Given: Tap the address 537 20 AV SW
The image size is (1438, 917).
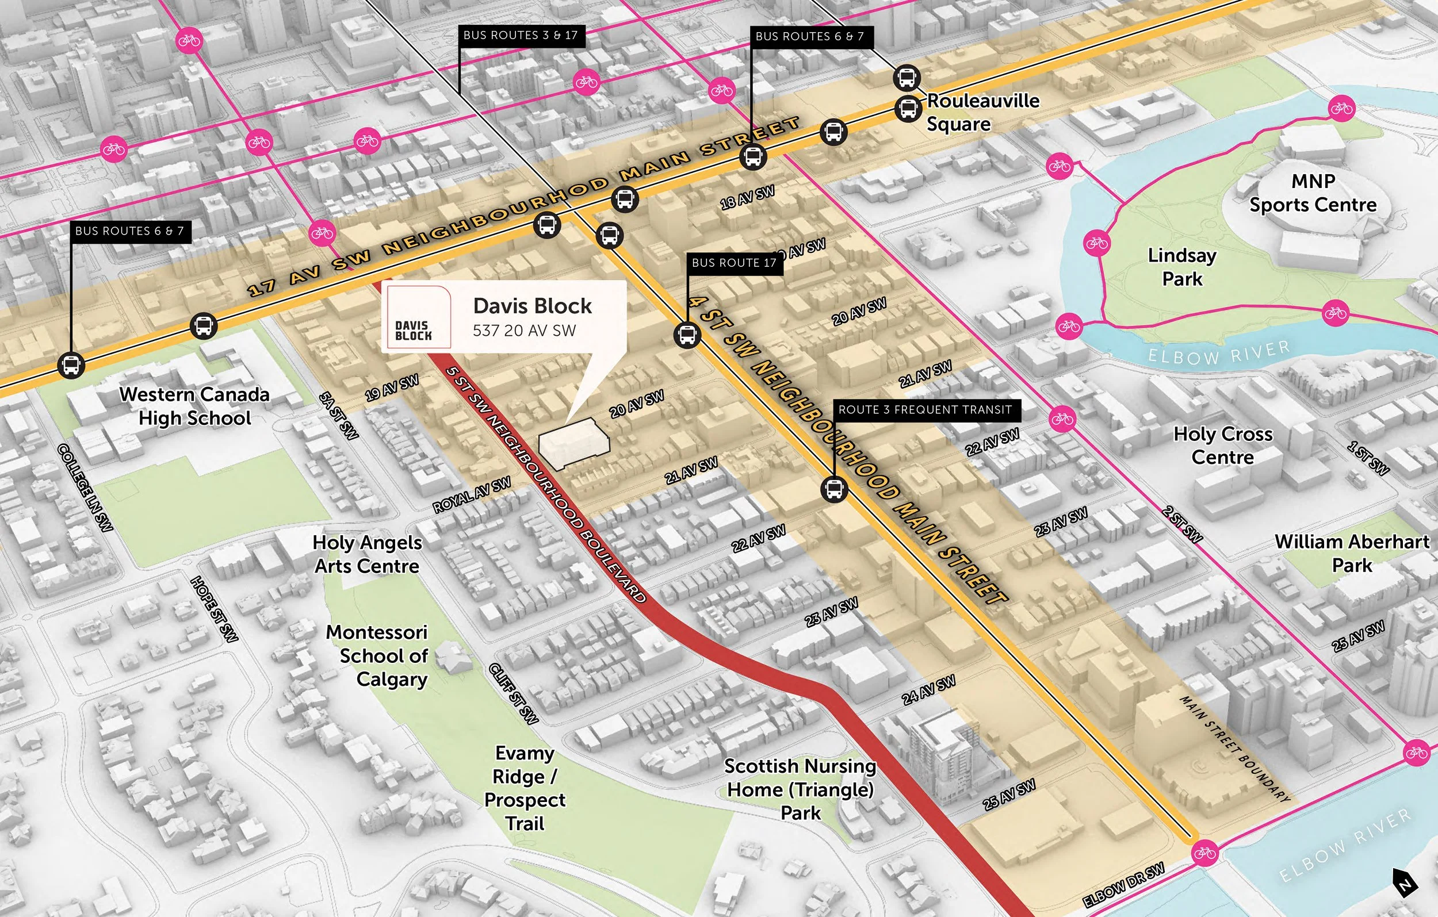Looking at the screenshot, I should click(524, 331).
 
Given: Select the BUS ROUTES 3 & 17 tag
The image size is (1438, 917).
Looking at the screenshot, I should click(520, 35).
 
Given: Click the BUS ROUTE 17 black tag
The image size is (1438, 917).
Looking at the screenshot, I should click(734, 263).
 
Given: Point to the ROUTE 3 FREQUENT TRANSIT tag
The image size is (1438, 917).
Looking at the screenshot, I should click(925, 409).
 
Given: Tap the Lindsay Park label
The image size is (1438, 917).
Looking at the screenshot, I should click(1182, 267).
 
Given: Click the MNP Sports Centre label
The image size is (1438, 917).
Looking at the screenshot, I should click(1313, 193).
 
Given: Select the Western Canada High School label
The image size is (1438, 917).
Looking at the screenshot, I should click(194, 406).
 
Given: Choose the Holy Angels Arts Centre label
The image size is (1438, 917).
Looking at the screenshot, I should click(366, 554).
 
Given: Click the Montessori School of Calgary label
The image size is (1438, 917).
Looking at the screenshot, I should click(377, 655).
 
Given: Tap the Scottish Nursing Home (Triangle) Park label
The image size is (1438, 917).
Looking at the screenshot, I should click(800, 789).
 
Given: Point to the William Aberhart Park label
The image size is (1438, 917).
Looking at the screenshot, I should click(1352, 553).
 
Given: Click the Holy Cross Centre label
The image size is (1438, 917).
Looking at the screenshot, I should click(1222, 446).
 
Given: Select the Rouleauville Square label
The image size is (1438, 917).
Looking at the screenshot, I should click(982, 112).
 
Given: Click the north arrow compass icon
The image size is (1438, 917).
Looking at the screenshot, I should click(1404, 883).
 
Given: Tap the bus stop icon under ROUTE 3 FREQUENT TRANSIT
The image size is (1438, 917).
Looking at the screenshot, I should click(833, 489).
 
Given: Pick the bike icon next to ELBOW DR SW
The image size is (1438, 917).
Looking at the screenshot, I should click(1204, 853).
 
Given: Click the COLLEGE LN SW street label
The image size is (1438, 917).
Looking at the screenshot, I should click(85, 487).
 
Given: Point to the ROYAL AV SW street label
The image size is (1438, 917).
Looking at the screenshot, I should click(472, 495).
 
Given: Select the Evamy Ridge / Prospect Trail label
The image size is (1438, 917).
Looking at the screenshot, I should click(525, 788).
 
